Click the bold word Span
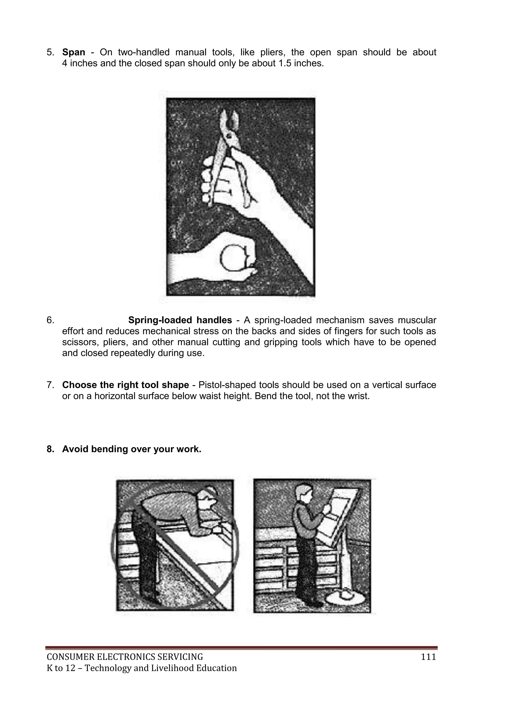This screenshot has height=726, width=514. tap(74, 52)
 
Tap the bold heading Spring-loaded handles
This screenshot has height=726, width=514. tap(180, 320)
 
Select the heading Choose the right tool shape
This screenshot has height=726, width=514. tap(125, 385)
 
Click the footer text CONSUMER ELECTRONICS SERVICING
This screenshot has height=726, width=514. tap(125, 657)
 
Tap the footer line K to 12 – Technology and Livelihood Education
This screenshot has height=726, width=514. tap(142, 668)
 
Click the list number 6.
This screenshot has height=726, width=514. tap(50, 320)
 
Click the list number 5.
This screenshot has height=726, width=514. tap(50, 52)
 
